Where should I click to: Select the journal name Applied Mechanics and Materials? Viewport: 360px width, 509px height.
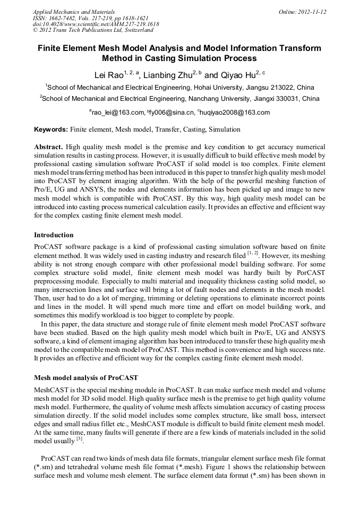point(74,12)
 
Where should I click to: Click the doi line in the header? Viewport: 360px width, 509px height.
point(96,24)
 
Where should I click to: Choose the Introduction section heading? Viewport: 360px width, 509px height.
point(54,235)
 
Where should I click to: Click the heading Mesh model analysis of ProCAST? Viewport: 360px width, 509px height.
point(86,378)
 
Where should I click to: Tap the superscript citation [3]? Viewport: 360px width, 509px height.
point(80,439)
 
